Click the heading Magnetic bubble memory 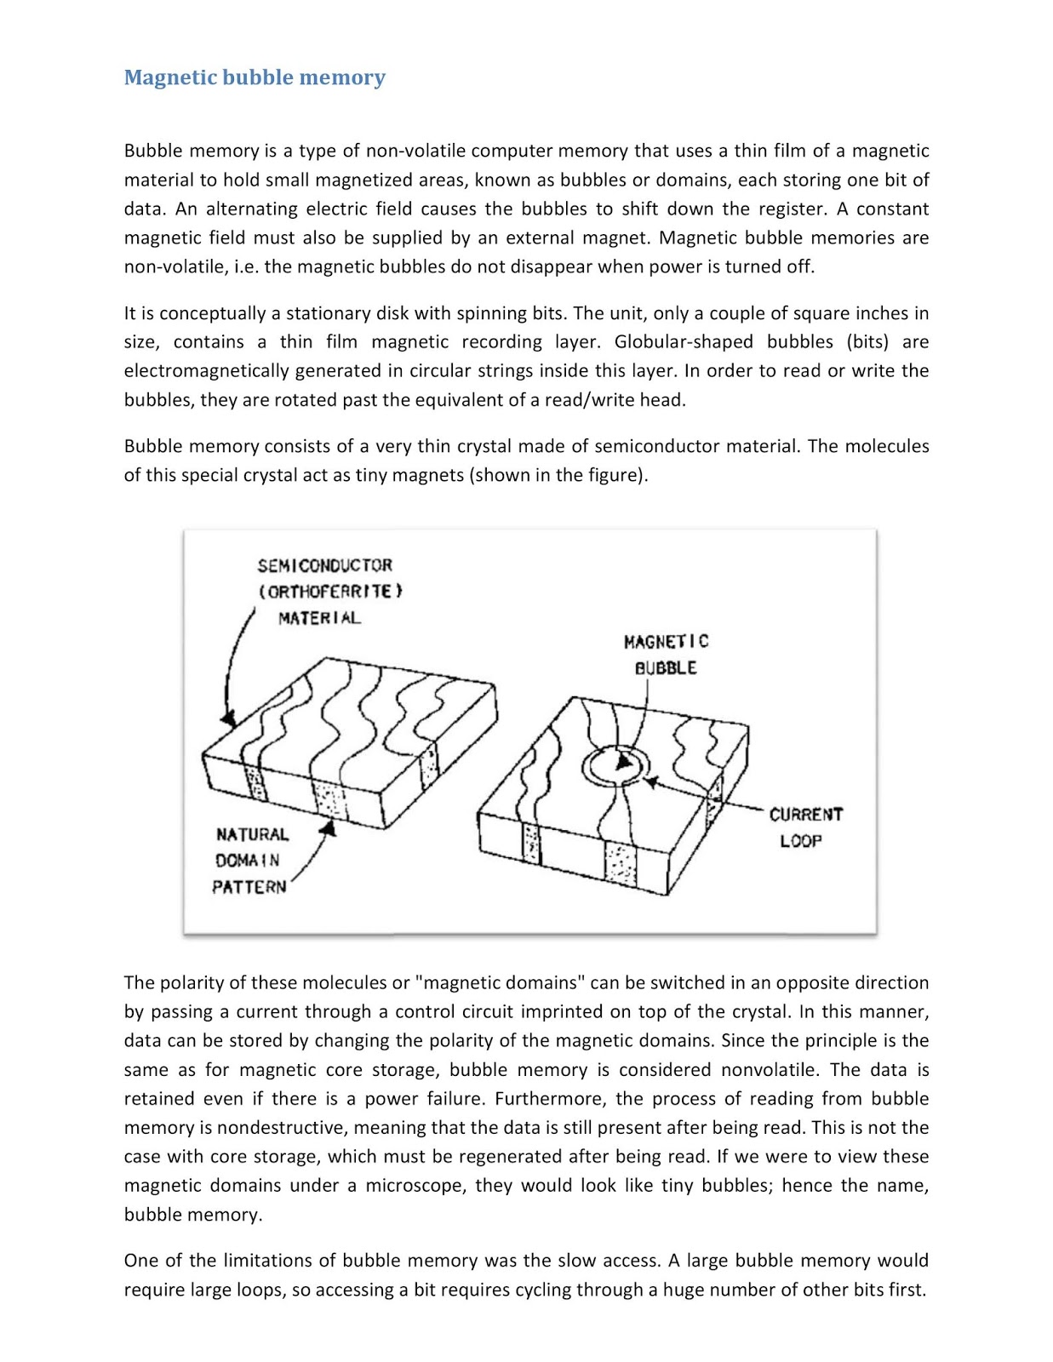coord(255,77)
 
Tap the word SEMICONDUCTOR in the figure coord(324,565)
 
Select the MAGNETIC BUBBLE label coord(666,654)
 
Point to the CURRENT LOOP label coord(804,827)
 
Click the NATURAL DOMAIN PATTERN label coord(251,861)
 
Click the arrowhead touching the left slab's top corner coord(227,719)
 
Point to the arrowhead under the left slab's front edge coord(329,826)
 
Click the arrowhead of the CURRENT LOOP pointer coord(650,781)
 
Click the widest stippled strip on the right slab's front coord(621,864)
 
